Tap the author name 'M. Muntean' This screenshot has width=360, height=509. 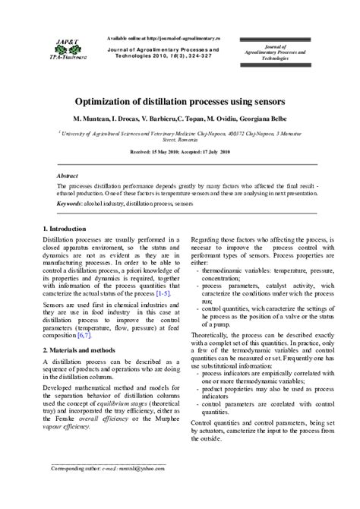(x=93, y=119)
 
